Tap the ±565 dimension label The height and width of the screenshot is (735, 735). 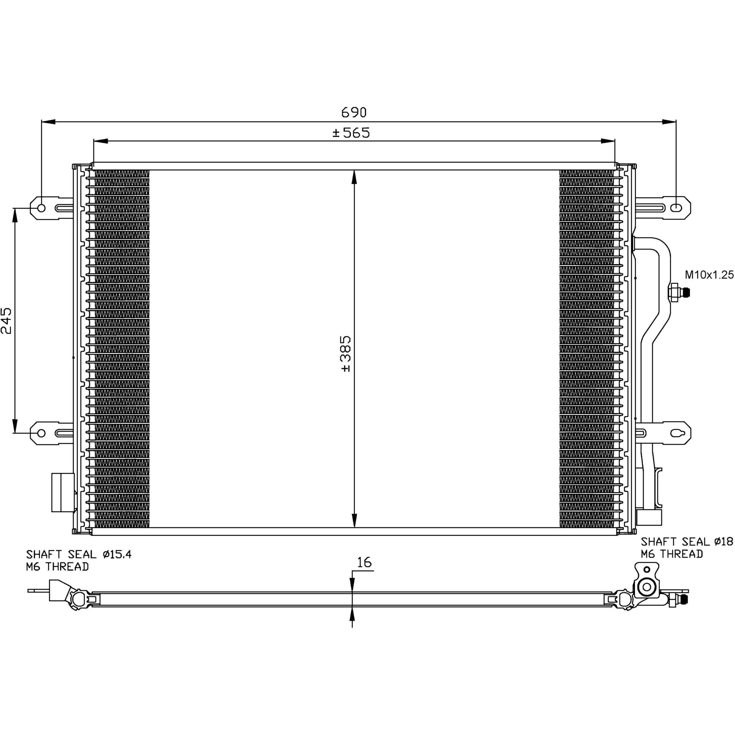[351, 133]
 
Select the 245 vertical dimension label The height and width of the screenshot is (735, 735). [7, 321]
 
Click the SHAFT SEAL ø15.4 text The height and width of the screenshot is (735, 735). [79, 554]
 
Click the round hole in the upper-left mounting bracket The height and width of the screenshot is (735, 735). [42, 208]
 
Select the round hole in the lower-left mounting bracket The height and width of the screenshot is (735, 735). [42, 433]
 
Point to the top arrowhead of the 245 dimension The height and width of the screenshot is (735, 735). [15, 215]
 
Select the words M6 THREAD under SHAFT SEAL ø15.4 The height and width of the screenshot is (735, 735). [57, 567]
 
